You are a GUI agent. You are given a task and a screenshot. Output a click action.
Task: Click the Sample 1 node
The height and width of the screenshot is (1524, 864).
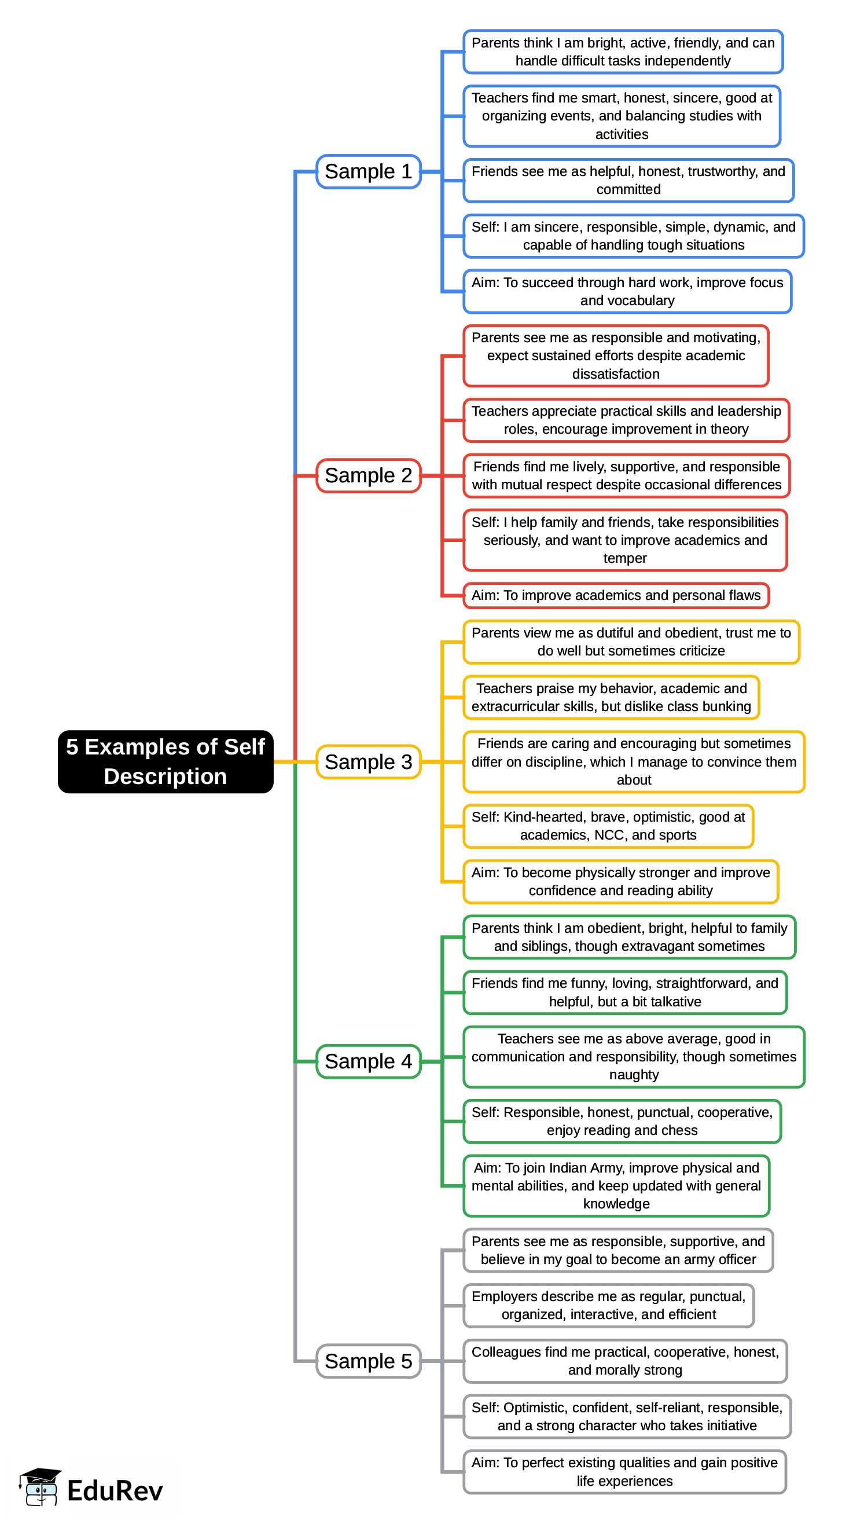(368, 171)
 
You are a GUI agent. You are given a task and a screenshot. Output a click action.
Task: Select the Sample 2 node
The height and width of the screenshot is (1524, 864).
(368, 475)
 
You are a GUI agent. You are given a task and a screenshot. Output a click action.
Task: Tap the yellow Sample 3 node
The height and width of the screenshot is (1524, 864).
(368, 761)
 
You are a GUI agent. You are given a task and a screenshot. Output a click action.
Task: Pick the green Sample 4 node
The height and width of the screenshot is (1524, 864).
(368, 1061)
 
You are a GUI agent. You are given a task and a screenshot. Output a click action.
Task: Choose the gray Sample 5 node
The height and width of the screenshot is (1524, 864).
(368, 1361)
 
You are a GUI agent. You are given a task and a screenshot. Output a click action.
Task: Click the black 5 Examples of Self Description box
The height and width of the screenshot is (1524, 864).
(166, 761)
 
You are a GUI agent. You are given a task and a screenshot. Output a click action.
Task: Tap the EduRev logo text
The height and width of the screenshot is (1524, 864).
(115, 1491)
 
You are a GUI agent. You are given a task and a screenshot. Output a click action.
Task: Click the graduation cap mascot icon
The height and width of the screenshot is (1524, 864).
(41, 1487)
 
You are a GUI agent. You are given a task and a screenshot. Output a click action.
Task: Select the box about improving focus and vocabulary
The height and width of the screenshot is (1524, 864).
(627, 291)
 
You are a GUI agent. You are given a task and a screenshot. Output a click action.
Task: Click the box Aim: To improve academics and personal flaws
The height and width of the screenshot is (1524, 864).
(616, 595)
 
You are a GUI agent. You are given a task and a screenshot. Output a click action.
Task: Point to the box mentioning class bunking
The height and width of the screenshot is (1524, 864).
(611, 698)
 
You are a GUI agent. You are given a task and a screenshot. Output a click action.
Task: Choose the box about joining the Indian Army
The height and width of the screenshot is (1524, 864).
(616, 1186)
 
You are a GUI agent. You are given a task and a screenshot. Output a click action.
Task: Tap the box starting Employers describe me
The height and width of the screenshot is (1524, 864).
(608, 1306)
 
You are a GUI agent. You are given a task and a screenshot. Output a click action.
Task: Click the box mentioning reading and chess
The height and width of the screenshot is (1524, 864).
(622, 1122)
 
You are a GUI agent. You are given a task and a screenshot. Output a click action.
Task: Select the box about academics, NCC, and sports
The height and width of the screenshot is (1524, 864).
(608, 826)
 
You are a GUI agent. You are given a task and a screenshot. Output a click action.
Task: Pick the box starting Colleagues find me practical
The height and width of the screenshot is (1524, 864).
(625, 1361)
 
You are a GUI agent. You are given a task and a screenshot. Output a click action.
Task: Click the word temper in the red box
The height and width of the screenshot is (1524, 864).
(625, 559)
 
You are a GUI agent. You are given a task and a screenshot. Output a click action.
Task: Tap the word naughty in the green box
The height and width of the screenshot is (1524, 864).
(634, 1075)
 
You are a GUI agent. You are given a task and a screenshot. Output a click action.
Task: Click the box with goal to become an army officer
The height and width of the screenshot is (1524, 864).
(618, 1250)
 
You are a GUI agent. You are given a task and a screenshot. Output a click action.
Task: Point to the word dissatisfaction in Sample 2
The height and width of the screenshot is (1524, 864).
(616, 375)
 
